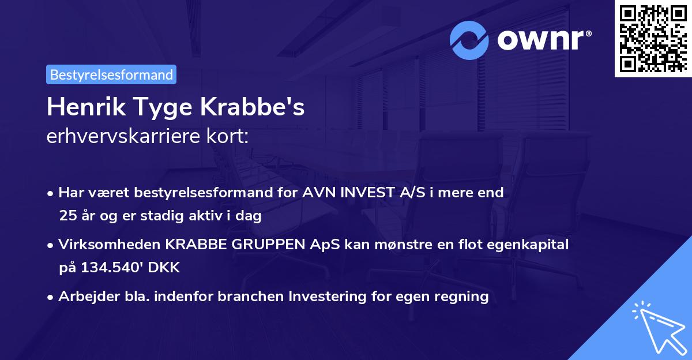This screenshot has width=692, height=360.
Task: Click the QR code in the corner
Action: (652, 39)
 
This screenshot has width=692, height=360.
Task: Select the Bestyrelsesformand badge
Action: (111, 74)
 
